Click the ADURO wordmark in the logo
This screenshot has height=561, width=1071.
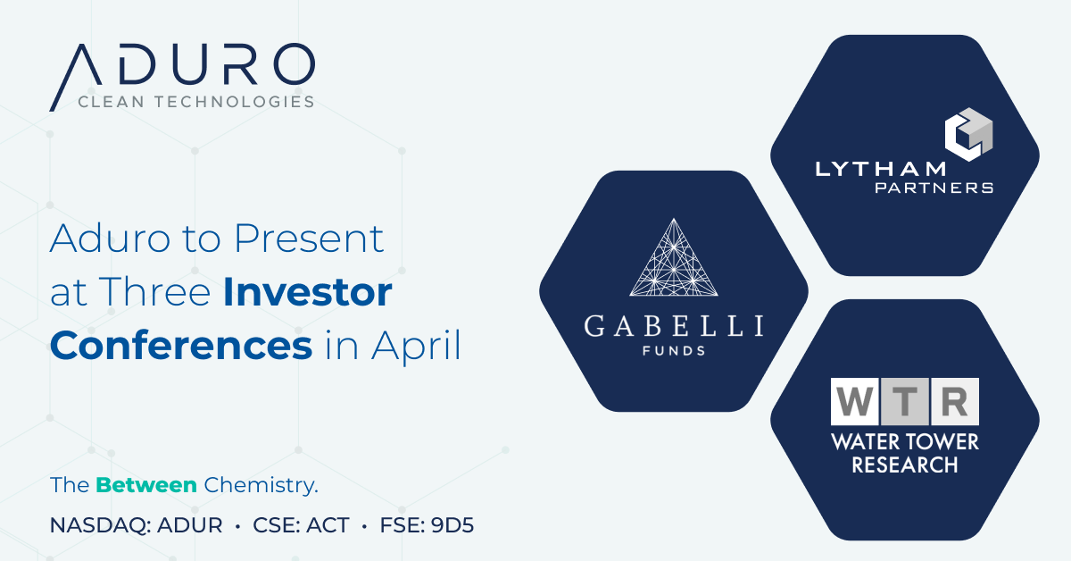182,66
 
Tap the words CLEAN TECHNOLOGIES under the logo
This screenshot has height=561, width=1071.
196,102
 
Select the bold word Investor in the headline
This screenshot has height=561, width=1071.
308,292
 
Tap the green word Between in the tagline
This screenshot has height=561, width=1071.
146,486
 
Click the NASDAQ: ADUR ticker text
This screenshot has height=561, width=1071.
137,525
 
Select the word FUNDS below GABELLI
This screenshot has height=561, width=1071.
674,351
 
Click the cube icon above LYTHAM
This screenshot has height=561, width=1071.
969,134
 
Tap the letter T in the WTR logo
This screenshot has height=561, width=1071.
905,402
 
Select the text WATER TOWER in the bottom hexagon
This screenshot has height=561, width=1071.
905,442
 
